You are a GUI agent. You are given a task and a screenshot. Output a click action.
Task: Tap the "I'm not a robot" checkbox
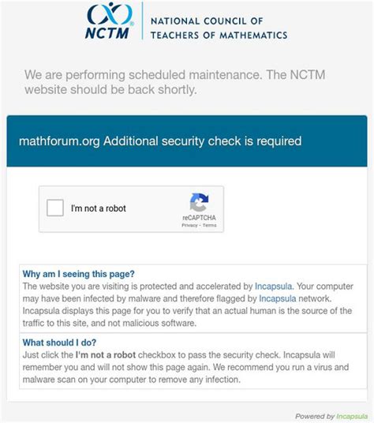pos(55,208)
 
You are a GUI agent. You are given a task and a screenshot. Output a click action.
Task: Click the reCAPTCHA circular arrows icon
pos(199,202)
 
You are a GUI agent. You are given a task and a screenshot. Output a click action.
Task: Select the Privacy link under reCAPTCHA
pos(189,225)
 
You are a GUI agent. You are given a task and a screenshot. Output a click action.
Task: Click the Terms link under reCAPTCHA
pos(209,225)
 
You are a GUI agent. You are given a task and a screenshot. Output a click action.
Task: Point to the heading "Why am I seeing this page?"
pos(79,274)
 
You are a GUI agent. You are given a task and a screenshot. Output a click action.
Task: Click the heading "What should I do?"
pos(60,343)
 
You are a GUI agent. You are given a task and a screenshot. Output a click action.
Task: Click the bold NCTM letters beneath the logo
pos(104,34)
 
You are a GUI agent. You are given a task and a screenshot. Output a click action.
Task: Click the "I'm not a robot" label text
pos(99,208)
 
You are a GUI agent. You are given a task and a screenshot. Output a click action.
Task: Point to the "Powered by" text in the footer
pos(312,416)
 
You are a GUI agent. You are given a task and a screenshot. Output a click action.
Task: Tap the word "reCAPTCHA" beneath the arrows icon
pos(199,217)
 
